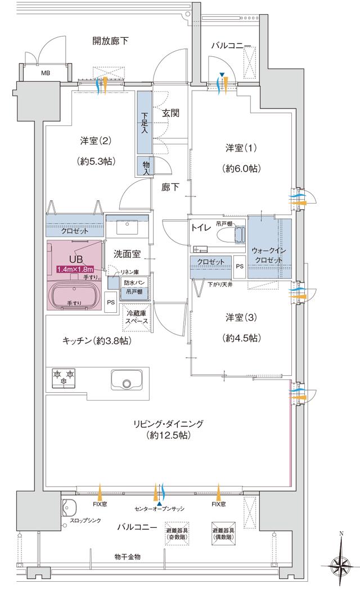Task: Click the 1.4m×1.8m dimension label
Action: click(x=76, y=269)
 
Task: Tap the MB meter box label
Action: click(x=46, y=73)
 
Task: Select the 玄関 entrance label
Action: click(x=170, y=113)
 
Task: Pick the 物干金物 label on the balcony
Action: click(x=127, y=556)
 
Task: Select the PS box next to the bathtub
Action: click(x=111, y=302)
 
